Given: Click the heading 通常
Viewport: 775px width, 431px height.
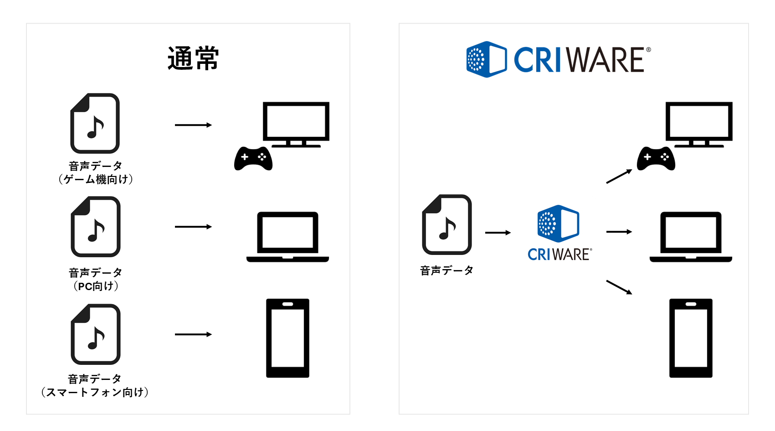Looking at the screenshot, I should point(193,59).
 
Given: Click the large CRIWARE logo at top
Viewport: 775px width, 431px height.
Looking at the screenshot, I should point(559,59).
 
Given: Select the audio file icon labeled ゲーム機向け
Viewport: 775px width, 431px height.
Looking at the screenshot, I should point(95,124).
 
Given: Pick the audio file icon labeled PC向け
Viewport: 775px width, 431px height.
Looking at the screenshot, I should point(95,227).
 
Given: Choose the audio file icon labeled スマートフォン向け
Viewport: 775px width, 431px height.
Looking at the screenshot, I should point(95,334).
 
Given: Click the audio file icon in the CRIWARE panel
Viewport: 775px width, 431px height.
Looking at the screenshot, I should point(447,224).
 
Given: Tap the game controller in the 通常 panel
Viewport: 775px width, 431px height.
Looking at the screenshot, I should point(253,159).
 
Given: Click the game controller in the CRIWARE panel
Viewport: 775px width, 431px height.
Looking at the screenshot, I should point(656,159).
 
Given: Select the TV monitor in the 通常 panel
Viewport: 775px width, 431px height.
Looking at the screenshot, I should point(296,123).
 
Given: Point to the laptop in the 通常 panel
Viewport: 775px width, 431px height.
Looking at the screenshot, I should point(287,237).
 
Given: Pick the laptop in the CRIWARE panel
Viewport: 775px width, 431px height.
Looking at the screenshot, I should point(691,237).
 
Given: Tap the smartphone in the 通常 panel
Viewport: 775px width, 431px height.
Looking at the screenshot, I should point(287,338).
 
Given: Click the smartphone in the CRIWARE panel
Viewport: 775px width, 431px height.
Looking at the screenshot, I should point(691,338).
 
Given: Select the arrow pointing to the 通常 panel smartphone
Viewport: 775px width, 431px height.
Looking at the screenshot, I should point(193,334).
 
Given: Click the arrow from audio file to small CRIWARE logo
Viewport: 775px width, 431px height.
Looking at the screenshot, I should point(498,233).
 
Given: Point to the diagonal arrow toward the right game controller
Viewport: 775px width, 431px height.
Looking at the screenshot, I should point(619,177).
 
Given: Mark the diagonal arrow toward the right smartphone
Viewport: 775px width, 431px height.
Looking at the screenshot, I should point(619,287).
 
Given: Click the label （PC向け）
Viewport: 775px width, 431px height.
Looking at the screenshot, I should point(96,286).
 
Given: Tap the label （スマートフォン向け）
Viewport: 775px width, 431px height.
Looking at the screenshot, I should point(95,392).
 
